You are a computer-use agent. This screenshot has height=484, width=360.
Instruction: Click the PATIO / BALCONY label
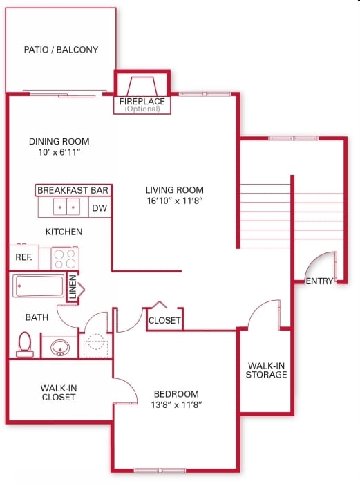pos(61,50)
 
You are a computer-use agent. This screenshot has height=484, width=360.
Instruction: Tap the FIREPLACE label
pos(142,102)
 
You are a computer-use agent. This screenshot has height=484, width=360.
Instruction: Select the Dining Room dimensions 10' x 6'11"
pos(59,152)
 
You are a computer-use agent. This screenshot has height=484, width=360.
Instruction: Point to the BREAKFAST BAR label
pos(73,190)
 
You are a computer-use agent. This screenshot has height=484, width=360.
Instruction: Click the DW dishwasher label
pos(100,207)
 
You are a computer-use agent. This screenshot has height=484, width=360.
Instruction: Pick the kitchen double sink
pos(67,207)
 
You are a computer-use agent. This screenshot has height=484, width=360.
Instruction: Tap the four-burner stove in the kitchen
pos(65,259)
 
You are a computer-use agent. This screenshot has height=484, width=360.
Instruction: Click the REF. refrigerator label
pos(23,257)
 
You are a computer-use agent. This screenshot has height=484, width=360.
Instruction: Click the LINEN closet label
pos(73,288)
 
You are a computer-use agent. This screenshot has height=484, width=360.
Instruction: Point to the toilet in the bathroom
pos(25,344)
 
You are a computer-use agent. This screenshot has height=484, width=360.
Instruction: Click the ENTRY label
pos(319,281)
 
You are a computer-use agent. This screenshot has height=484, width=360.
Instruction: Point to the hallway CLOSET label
pos(164,321)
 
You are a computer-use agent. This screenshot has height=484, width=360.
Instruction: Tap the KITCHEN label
pos(64,232)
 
